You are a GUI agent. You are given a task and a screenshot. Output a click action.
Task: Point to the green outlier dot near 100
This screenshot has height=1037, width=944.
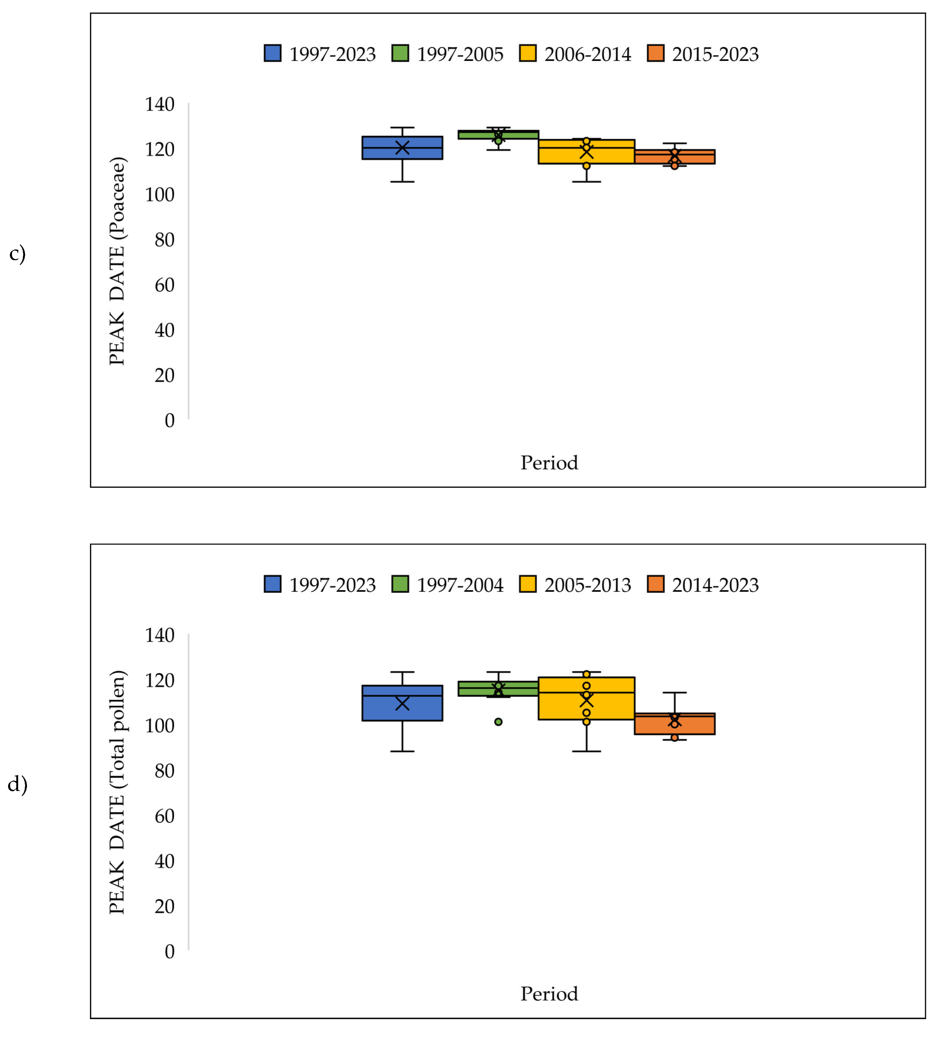(x=498, y=722)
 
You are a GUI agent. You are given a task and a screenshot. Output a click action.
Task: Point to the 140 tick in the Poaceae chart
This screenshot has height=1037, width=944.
(x=159, y=104)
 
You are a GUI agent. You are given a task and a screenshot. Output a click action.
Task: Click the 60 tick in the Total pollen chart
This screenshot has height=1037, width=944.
(x=164, y=816)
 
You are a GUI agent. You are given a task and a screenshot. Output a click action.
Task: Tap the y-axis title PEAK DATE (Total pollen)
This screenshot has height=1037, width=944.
(x=117, y=792)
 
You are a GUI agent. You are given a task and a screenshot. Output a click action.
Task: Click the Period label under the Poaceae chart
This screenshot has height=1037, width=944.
(x=549, y=462)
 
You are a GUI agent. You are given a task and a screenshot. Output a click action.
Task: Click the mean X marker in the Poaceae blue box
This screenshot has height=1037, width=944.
(x=402, y=148)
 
